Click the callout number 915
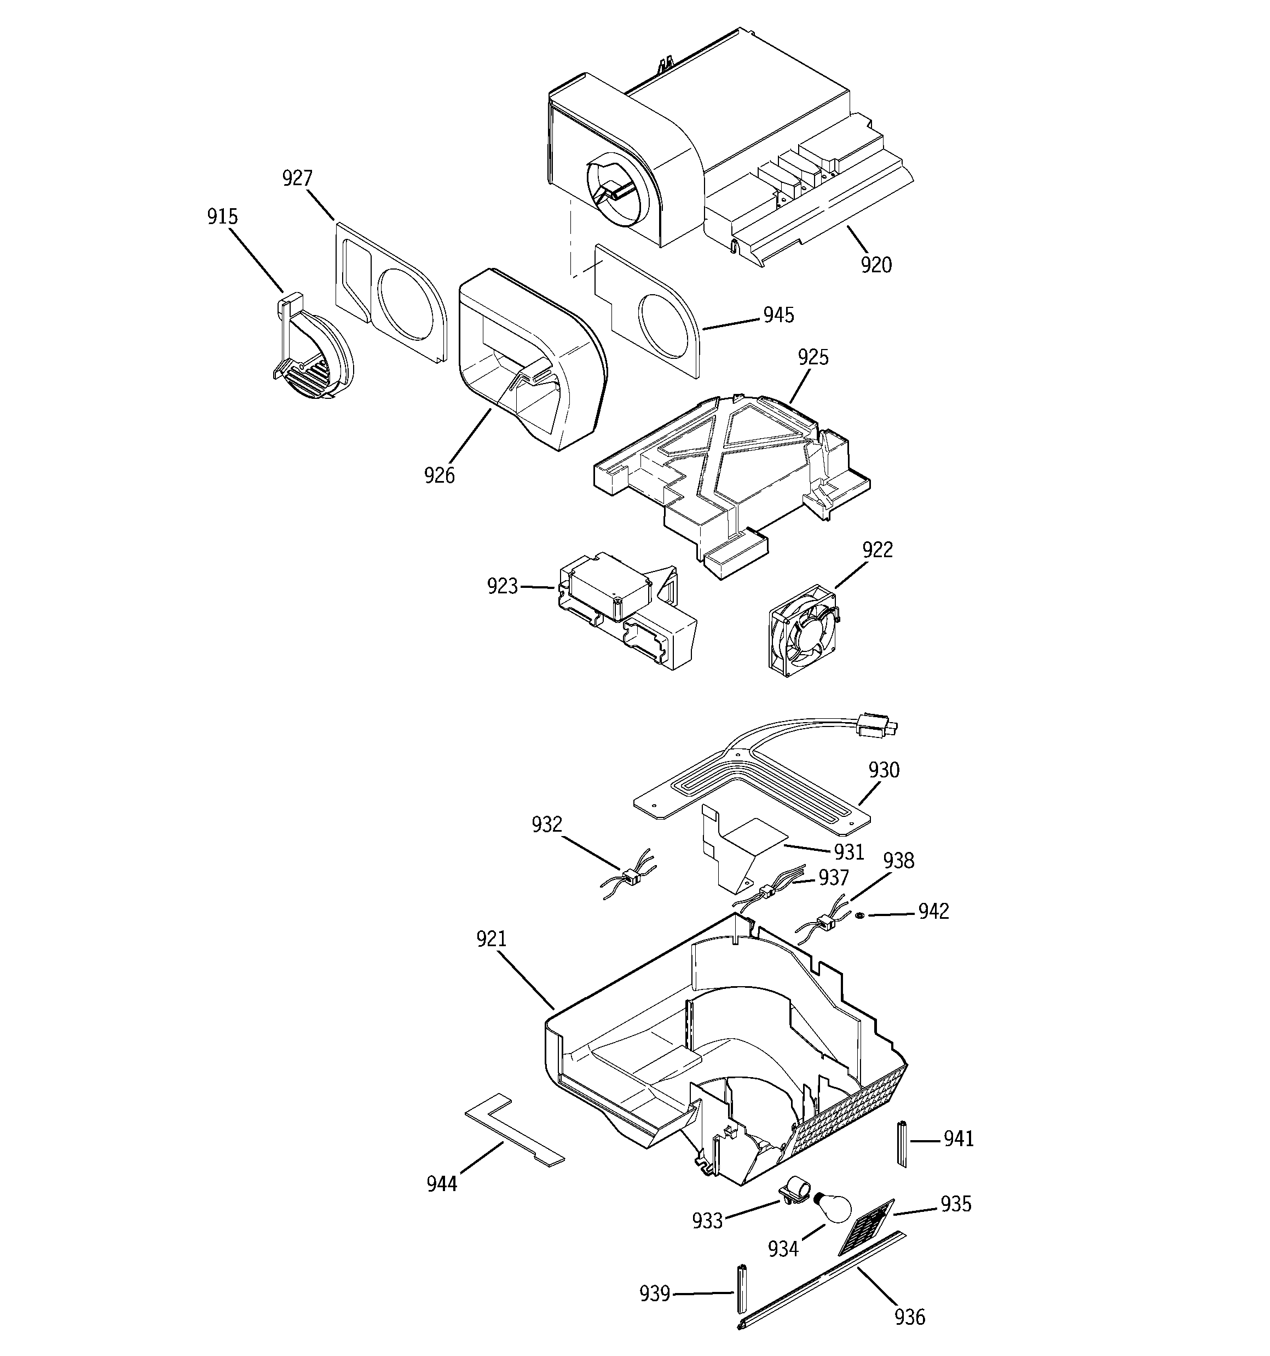tap(222, 217)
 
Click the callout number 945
tap(778, 315)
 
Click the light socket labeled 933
tap(794, 1190)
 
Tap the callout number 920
tap(875, 265)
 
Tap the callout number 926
tap(439, 476)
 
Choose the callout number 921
tap(491, 939)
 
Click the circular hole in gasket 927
tap(403, 304)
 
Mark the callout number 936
tap(909, 1317)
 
